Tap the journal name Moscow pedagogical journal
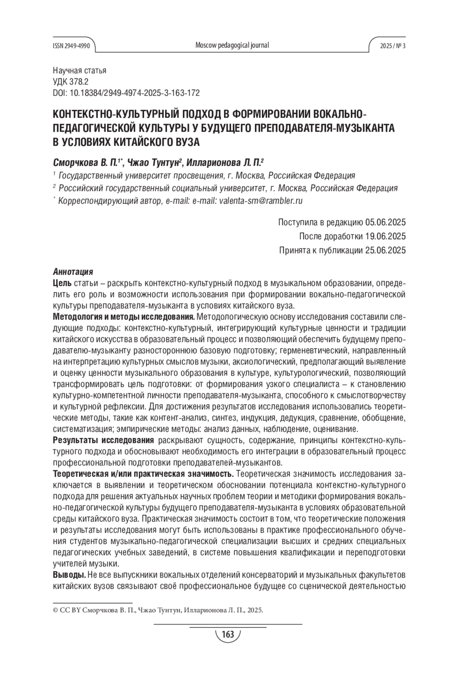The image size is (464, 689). click(x=232, y=45)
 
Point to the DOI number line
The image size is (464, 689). click(x=126, y=93)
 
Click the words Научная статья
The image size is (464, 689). click(x=79, y=71)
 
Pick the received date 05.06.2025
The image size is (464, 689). click(x=385, y=222)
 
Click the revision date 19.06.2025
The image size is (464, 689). click(x=385, y=236)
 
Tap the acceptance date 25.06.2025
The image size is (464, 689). click(x=385, y=250)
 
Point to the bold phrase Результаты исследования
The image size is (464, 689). click(x=103, y=441)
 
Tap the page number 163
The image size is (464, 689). click(x=228, y=634)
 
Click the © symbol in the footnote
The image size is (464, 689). click(x=55, y=610)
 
